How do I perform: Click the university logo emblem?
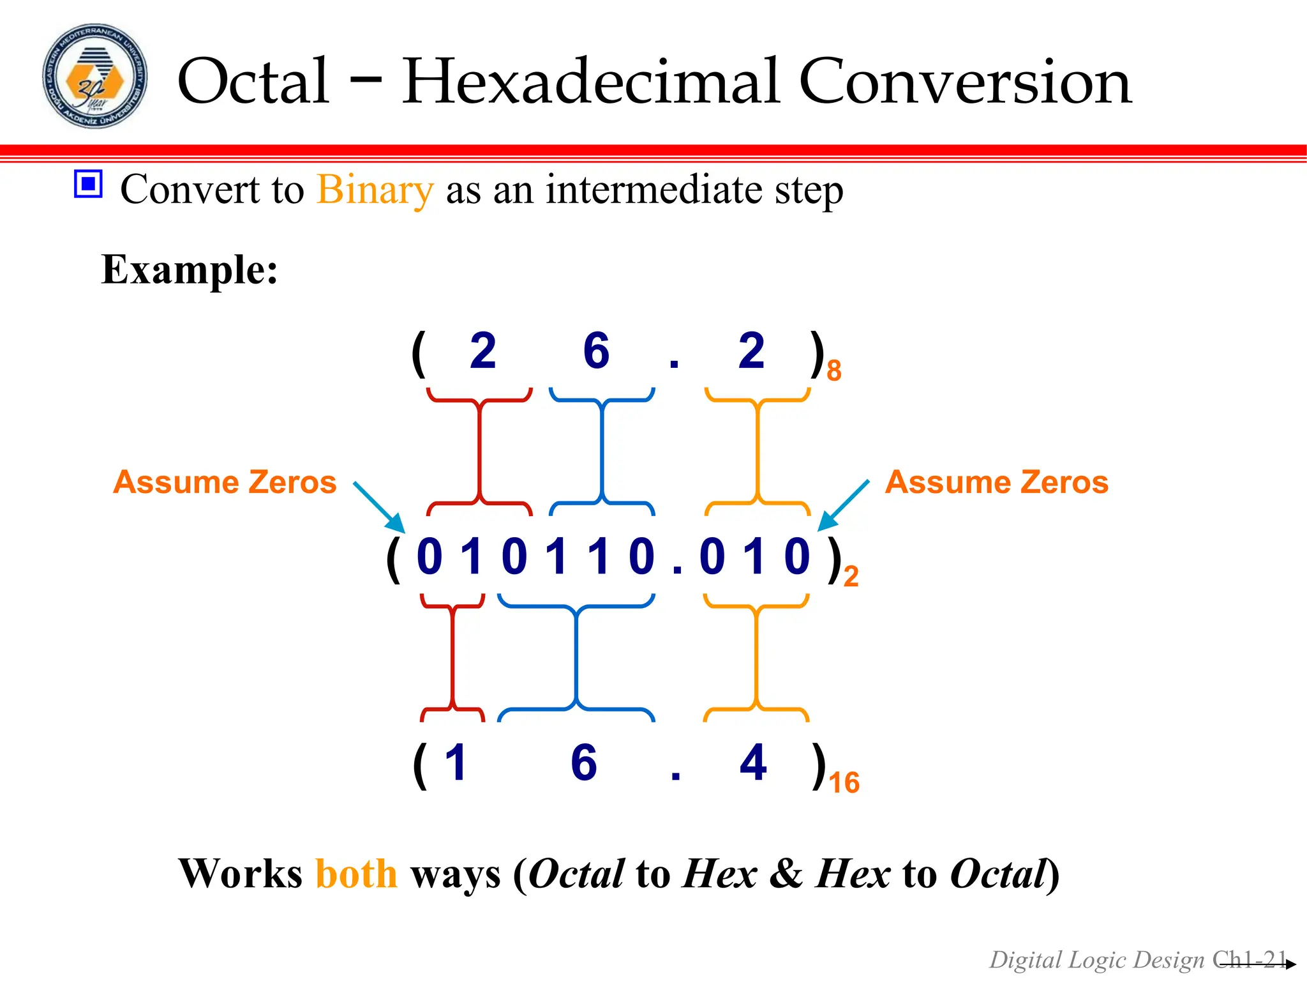tap(94, 77)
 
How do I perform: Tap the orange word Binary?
tap(375, 190)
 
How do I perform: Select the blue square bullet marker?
tap(88, 184)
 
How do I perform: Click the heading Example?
tap(190, 270)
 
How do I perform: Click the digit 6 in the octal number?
tap(596, 351)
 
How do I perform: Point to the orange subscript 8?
tap(833, 371)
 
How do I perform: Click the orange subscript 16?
tap(844, 783)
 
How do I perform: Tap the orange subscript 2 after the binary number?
tap(851, 577)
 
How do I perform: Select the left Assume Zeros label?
tap(225, 482)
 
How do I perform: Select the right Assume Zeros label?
tap(996, 482)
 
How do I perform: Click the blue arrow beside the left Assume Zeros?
tap(380, 507)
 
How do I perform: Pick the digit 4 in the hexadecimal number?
tap(753, 763)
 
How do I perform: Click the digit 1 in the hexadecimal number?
tap(456, 763)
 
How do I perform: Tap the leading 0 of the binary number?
tap(429, 557)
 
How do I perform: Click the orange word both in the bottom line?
tap(356, 874)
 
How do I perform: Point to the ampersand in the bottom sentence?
tap(786, 874)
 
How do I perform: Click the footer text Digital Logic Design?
tap(1096, 960)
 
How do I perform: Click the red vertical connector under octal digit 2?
tap(479, 452)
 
